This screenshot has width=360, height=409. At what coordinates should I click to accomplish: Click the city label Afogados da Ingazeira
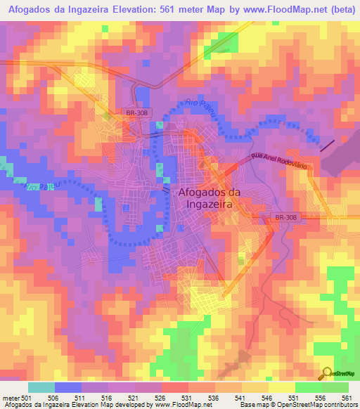coord(206,197)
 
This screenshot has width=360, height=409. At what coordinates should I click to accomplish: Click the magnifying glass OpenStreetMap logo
coord(327,374)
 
